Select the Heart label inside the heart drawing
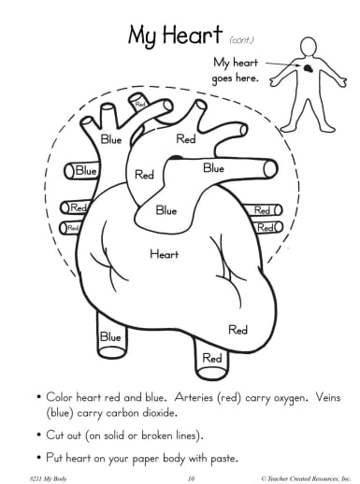(165, 253)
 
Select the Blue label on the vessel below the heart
(110, 336)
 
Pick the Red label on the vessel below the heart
(212, 357)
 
